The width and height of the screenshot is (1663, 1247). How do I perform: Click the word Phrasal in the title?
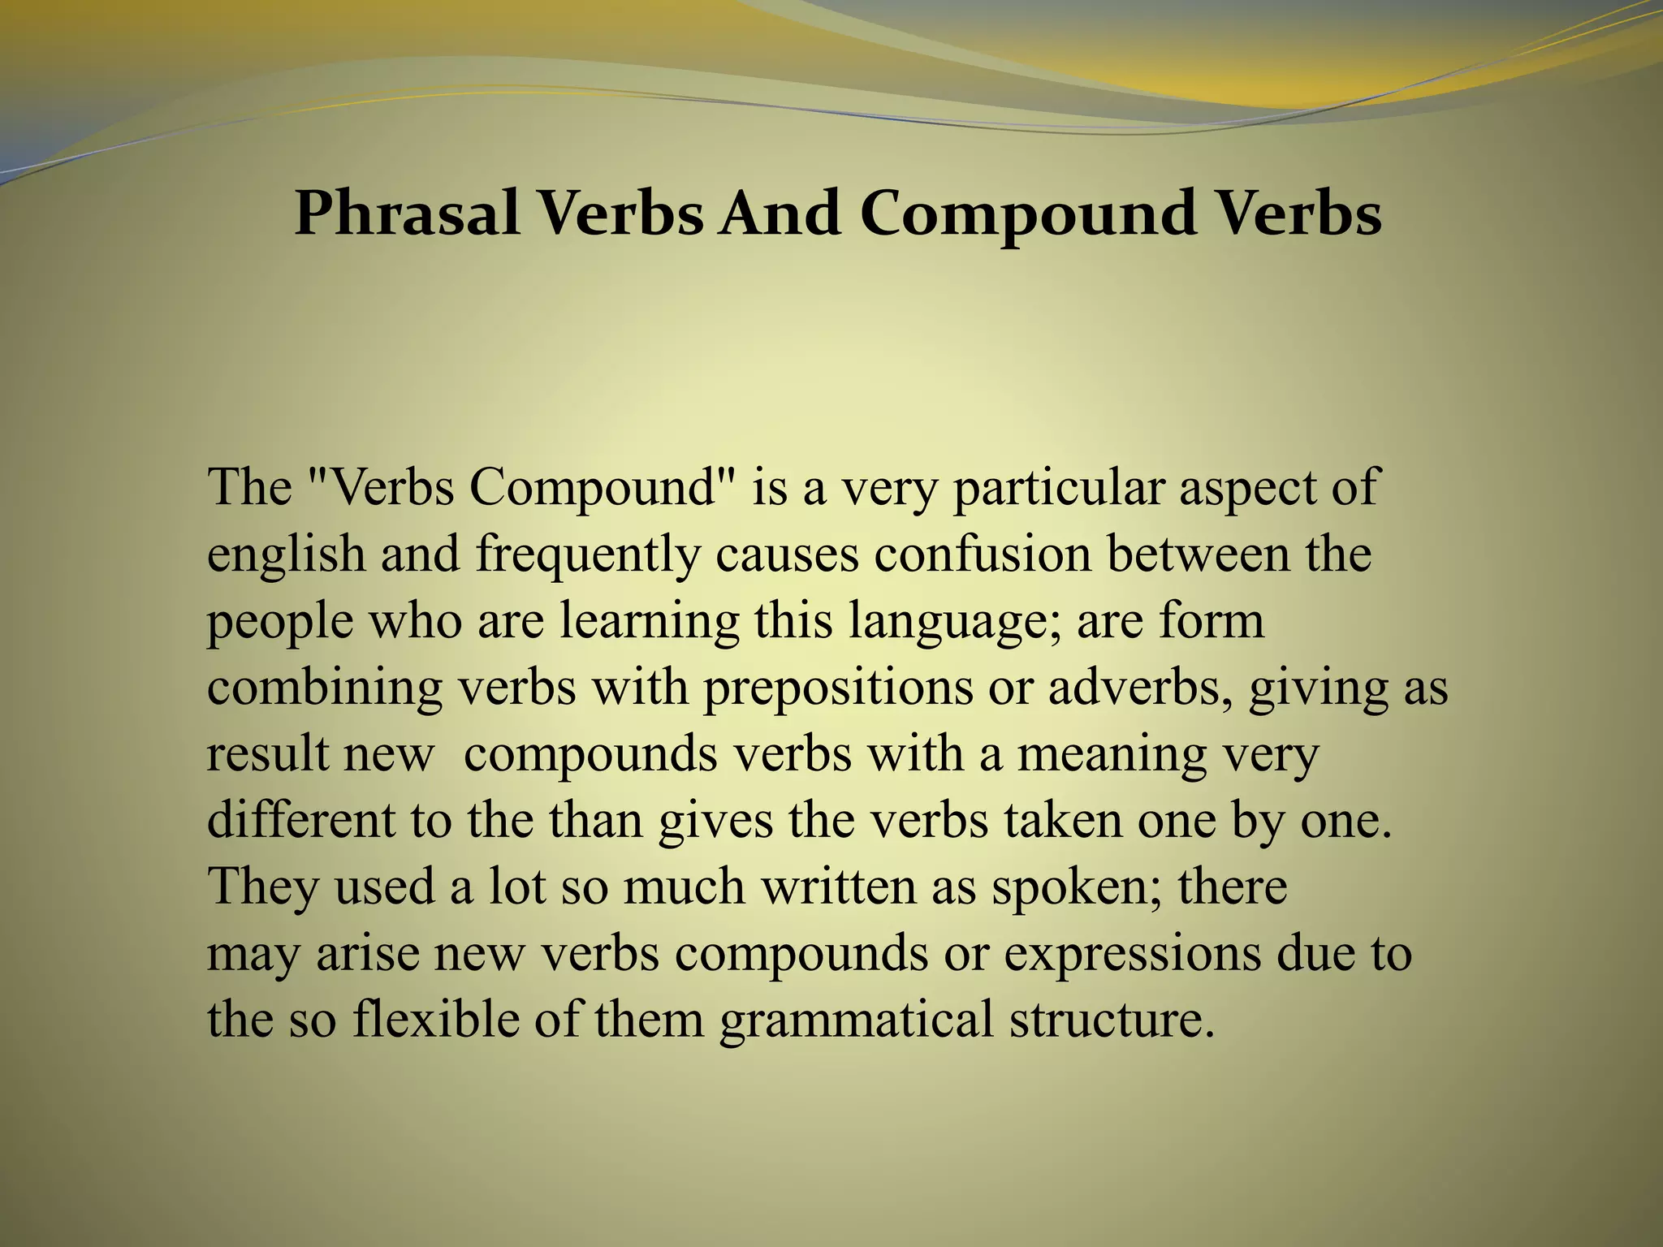[x=407, y=214]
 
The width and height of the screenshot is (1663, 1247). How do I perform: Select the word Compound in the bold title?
[x=1028, y=214]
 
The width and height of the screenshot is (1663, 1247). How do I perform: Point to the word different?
[x=300, y=821]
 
